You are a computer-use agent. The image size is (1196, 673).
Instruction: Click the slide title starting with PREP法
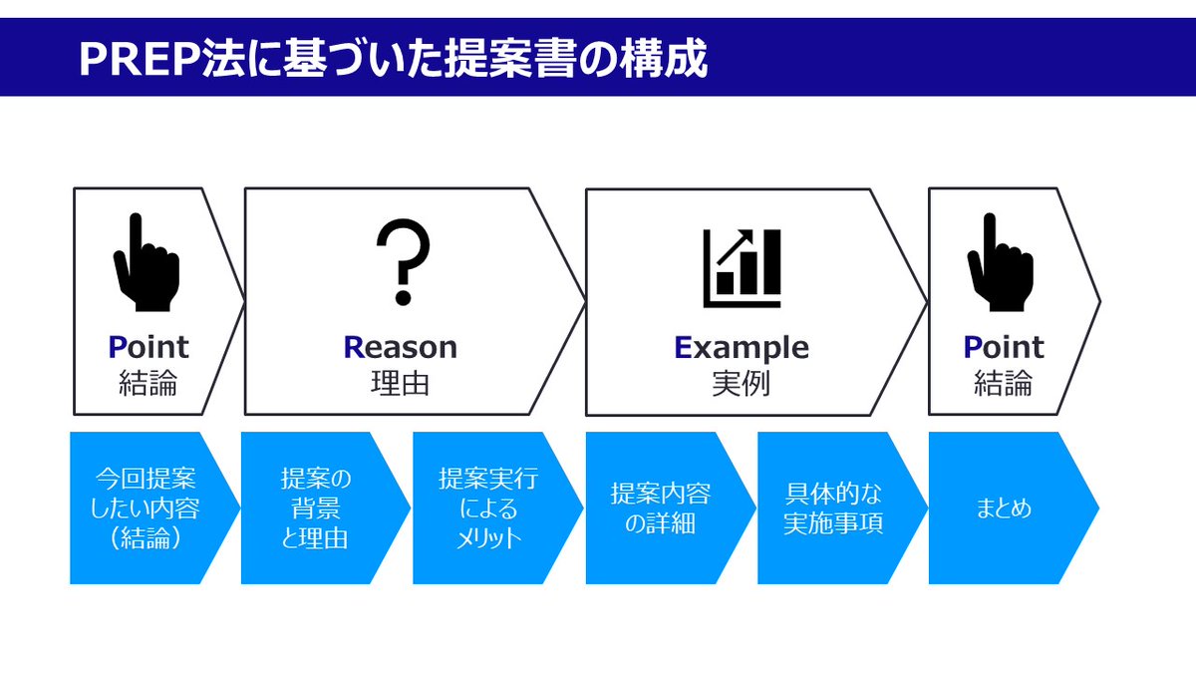coord(393,59)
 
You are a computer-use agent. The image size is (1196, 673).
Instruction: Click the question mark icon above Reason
coord(403,262)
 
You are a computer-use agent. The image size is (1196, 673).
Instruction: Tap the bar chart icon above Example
coord(742,267)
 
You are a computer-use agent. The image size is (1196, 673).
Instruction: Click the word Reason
coord(401,347)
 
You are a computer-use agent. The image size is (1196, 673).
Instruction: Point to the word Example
coord(742,347)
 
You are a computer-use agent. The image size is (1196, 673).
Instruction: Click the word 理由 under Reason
coord(401,384)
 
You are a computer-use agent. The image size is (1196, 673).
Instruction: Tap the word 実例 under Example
coord(742,384)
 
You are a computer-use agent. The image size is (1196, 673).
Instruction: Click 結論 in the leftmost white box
coord(148,384)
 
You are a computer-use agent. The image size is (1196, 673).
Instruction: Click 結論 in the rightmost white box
coord(1003,384)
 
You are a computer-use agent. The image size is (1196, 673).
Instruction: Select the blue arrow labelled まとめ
coord(1007,508)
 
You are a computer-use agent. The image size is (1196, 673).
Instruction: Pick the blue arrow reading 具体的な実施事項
coord(833,508)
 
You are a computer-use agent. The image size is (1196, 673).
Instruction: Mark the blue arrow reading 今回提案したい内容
coord(148,508)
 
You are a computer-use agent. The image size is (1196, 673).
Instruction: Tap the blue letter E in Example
coord(683,347)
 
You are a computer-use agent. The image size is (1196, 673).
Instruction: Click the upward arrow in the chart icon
coord(740,243)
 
